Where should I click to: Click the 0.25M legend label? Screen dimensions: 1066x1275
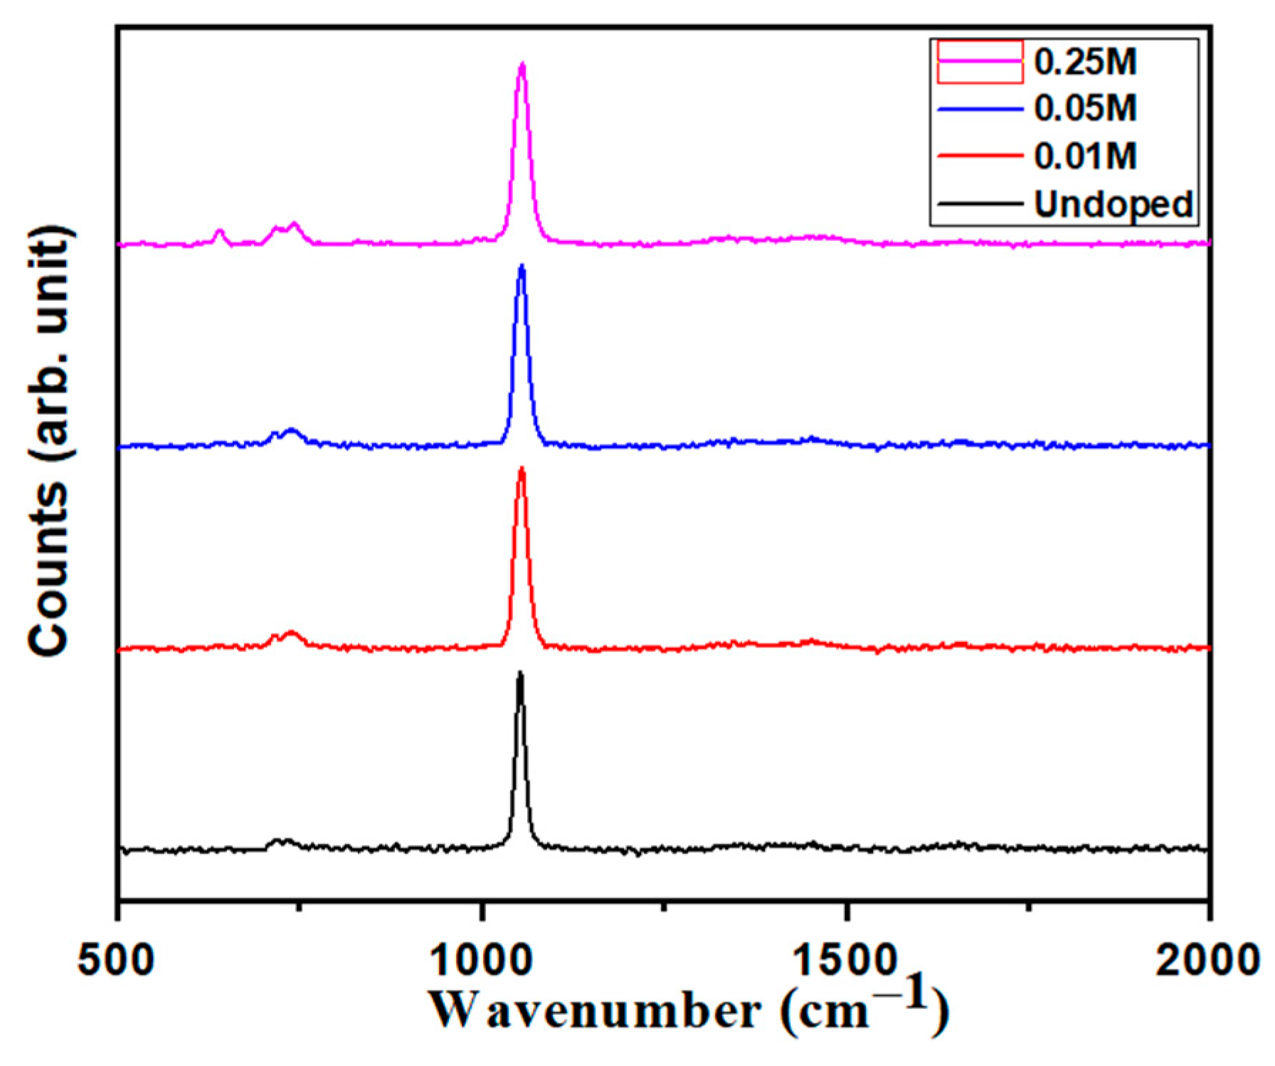[1085, 62]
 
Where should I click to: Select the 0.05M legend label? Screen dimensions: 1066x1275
[1085, 109]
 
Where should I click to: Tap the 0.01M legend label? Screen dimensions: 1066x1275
[1085, 156]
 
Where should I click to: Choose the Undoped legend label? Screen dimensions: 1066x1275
[1113, 204]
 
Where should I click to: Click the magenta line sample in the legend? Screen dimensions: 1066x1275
[980, 62]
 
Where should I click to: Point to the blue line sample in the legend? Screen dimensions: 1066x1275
[980, 109]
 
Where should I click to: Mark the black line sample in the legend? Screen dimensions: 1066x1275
[980, 204]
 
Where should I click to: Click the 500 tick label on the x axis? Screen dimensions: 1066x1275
[117, 961]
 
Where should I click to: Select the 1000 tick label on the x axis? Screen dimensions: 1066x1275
[482, 961]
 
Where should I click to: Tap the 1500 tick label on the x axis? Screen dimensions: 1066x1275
[846, 961]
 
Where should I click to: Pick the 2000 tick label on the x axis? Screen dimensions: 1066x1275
[1208, 961]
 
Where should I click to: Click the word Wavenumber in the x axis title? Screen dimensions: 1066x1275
[595, 1011]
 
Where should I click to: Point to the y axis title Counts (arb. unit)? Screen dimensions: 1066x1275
[49, 441]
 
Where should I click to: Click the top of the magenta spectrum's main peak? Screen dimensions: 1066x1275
[522, 65]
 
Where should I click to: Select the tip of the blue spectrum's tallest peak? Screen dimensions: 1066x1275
[522, 267]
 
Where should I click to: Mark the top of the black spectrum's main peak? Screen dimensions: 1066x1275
[520, 673]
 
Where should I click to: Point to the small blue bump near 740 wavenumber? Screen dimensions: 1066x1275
[290, 430]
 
